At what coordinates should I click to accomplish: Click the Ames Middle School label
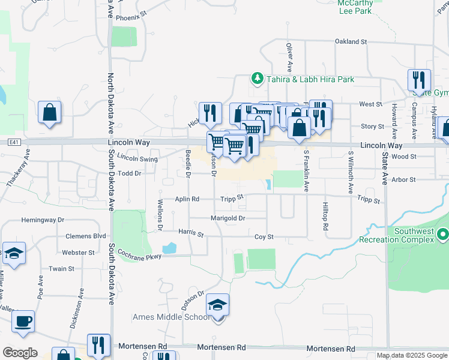[x=172, y=317]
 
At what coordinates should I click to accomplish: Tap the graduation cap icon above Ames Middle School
[x=218, y=306]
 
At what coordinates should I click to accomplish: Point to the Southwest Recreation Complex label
[x=413, y=235]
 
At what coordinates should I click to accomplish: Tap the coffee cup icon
[x=23, y=322]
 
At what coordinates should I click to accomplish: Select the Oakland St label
[x=351, y=41]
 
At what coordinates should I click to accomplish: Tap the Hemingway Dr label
[x=42, y=221]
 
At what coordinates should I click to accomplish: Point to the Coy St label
[x=264, y=237]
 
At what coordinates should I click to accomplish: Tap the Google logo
[x=20, y=353]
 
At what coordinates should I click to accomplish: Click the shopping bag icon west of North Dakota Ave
[x=49, y=112]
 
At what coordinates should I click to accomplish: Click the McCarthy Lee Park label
[x=356, y=7]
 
